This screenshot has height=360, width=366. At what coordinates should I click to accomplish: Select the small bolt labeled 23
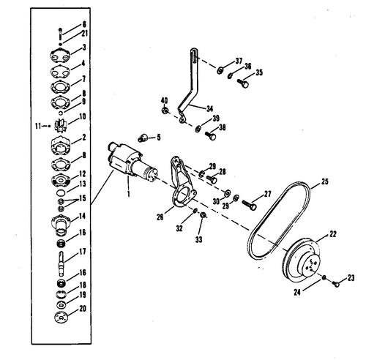(335, 282)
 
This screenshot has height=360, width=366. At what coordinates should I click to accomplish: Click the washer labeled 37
(221, 70)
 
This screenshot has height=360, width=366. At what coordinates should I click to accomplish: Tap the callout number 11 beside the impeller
(39, 126)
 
